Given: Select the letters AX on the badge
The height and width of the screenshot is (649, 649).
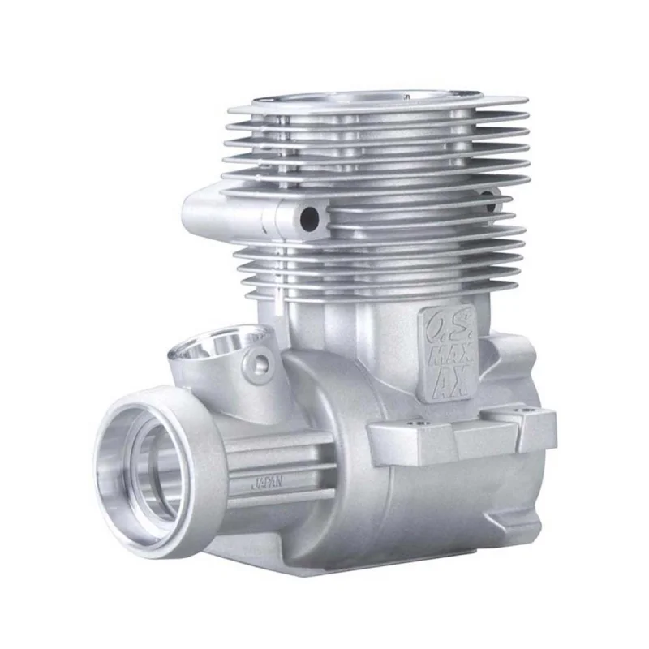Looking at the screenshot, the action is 450,380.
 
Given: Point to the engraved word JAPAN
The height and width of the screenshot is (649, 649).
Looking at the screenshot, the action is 267,482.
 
